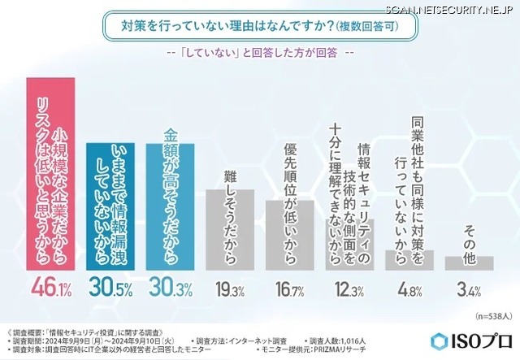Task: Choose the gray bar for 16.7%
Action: click(x=289, y=235)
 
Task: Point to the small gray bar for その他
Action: click(x=469, y=262)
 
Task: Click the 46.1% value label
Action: click(x=50, y=287)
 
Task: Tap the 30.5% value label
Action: click(x=110, y=287)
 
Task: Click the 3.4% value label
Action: click(x=469, y=287)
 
